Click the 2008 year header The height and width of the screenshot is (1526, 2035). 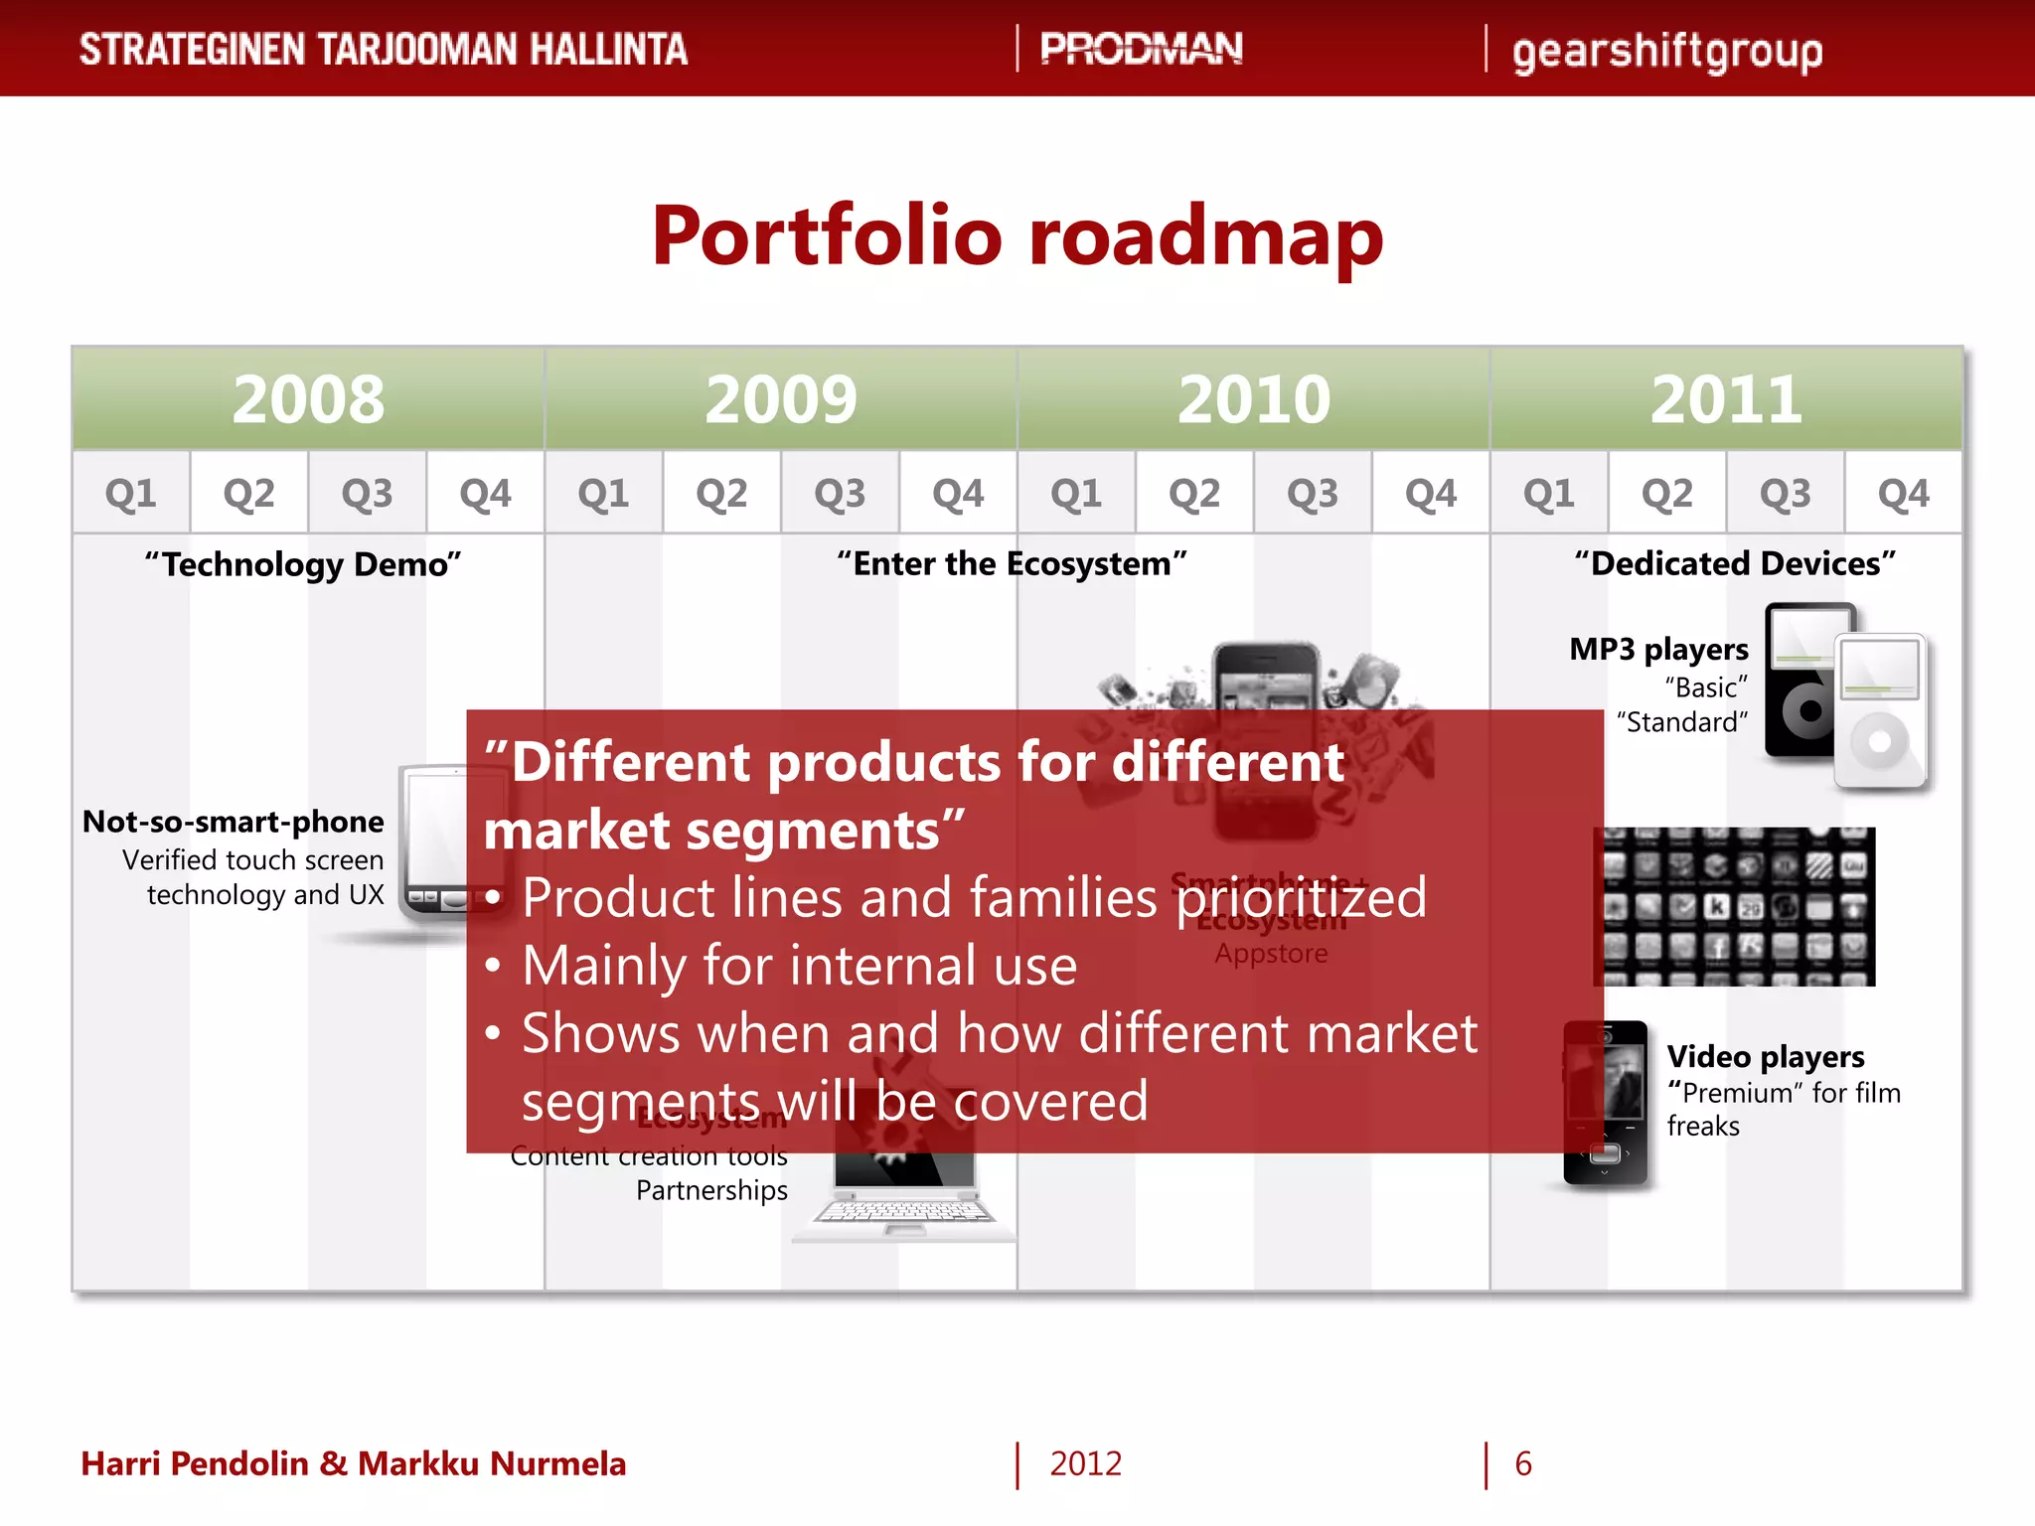point(308,399)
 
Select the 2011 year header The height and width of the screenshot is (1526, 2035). point(1726,399)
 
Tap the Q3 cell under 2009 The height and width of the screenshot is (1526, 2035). point(840,493)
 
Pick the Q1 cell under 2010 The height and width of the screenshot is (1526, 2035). point(1076,493)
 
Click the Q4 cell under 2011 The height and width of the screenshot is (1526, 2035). point(1903,493)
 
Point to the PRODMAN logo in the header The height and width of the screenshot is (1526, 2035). point(1141,49)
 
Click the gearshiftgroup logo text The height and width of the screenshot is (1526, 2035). point(1666,52)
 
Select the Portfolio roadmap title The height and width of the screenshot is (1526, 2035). point(1017,236)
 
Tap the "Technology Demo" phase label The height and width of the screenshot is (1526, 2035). point(303,564)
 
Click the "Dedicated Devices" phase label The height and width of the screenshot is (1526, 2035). point(1735,563)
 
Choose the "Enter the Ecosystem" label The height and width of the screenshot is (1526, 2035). point(1012,563)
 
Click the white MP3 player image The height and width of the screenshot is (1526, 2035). point(1880,711)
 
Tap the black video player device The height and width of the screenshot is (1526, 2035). point(1605,1103)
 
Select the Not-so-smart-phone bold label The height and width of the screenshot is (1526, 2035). point(234,822)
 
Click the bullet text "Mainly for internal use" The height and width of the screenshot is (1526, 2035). point(799,966)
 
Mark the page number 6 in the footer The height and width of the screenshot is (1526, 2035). point(1523,1463)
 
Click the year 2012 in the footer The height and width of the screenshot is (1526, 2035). point(1085,1463)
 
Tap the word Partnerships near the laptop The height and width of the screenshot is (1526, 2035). point(711,1190)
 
